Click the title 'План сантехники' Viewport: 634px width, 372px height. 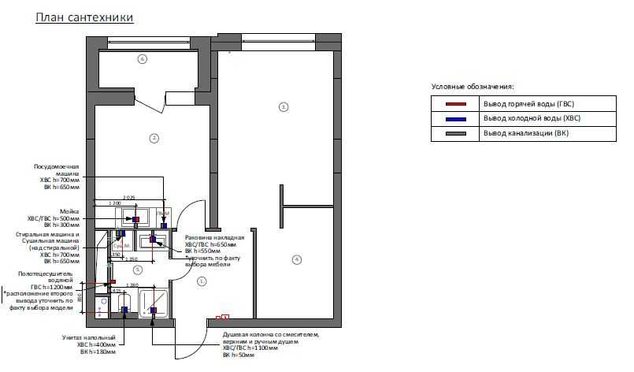click(x=84, y=17)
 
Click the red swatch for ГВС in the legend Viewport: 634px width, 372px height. click(x=456, y=104)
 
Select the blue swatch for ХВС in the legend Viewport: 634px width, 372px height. click(x=456, y=118)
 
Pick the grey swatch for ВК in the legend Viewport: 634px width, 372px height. click(x=456, y=133)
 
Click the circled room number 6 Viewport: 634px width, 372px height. click(x=143, y=58)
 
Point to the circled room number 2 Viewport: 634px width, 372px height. click(x=154, y=138)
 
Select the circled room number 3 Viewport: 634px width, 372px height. click(x=284, y=106)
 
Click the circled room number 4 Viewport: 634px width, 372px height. click(x=296, y=259)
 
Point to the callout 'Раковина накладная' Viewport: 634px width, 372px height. click(x=214, y=237)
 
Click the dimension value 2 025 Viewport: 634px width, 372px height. click(x=129, y=197)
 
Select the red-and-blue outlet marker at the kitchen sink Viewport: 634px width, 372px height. click(x=135, y=219)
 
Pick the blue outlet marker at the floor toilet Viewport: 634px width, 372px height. click(x=124, y=311)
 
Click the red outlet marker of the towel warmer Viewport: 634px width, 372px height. click(x=113, y=281)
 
